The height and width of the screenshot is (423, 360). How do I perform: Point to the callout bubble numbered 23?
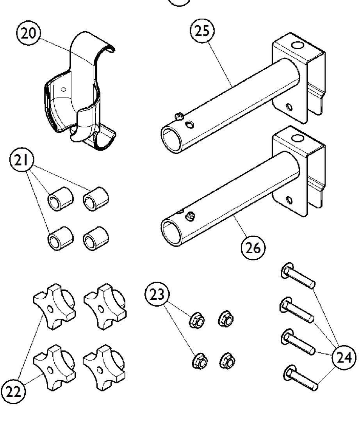click(x=157, y=295)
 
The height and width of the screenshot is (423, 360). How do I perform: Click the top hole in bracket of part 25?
click(x=299, y=46)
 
